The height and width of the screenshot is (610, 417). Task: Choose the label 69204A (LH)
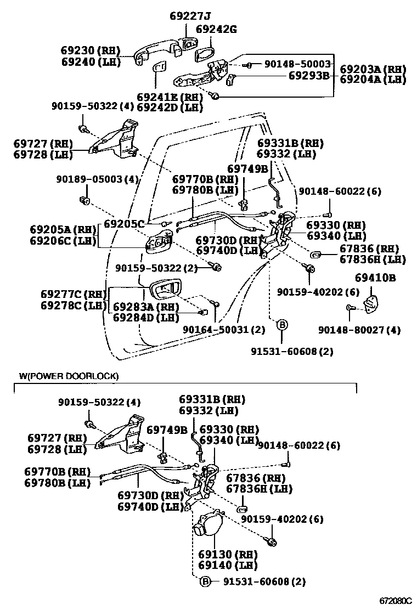tap(373, 80)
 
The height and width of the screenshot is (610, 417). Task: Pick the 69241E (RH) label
tap(169, 97)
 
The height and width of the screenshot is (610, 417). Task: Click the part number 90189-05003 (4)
tap(97, 179)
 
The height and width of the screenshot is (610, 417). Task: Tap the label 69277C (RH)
tap(72, 294)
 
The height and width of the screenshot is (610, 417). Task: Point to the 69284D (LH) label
tap(146, 317)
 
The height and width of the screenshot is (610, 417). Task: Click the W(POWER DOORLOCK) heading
tap(69, 376)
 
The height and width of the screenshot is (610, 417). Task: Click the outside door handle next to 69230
tap(156, 50)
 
